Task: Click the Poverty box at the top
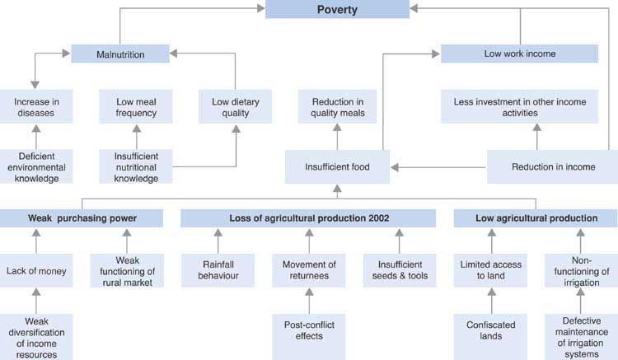[336, 9]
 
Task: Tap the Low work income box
[519, 54]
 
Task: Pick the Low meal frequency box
[137, 105]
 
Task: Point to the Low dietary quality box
[235, 105]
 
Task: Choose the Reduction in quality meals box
[338, 105]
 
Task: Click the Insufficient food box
[338, 166]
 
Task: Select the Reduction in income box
[553, 166]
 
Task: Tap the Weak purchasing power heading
[81, 218]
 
